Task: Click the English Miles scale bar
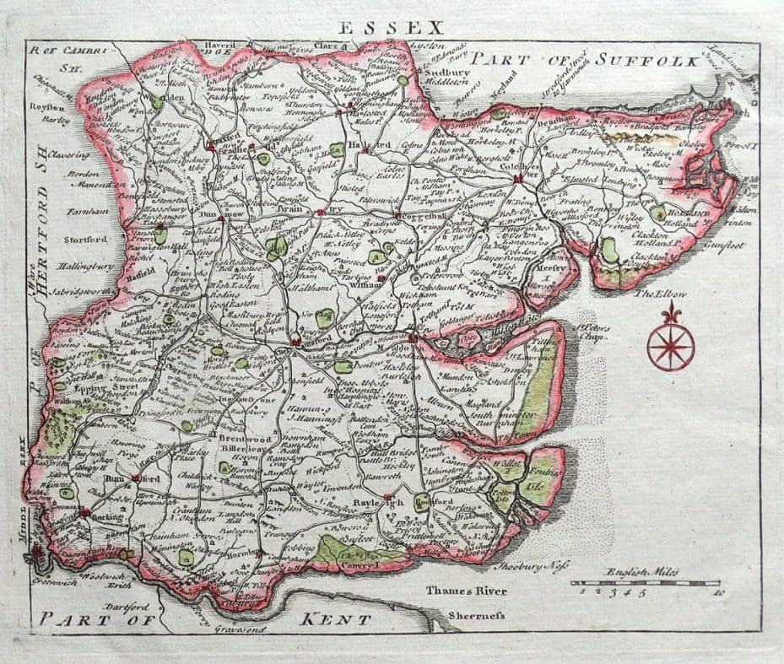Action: point(645,583)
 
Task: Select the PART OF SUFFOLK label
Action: point(585,60)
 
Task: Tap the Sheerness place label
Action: point(477,616)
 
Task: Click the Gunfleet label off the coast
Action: point(725,246)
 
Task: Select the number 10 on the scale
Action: point(716,595)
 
